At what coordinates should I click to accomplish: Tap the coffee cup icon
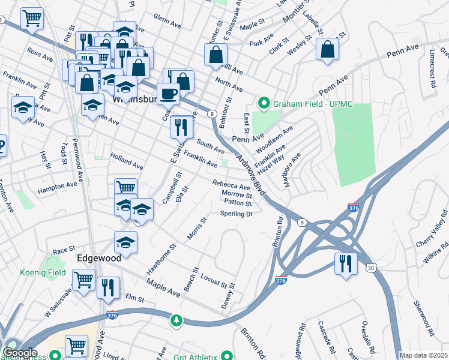coord(169,94)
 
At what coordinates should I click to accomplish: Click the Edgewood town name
coord(99,257)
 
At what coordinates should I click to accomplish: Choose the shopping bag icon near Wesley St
coord(328,50)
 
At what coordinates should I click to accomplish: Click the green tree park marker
coord(175,320)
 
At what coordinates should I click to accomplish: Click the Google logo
coord(20,353)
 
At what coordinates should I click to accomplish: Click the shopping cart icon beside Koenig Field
coord(83,279)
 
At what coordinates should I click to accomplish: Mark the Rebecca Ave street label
coord(231,185)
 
